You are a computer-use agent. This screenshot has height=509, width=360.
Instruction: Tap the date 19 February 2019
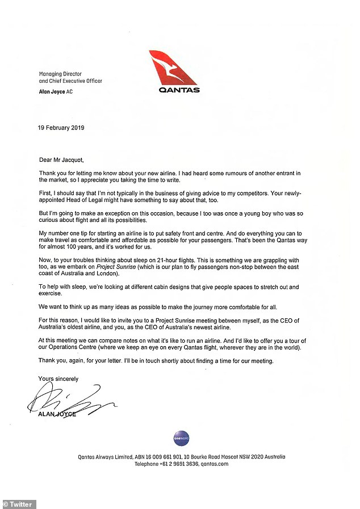tap(61, 128)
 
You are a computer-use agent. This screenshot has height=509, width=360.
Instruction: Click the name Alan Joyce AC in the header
tap(56, 91)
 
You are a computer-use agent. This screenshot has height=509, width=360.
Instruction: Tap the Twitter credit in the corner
tap(19, 504)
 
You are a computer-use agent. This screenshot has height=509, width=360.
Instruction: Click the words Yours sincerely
tap(58, 378)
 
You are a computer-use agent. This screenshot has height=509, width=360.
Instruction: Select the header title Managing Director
tap(60, 74)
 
